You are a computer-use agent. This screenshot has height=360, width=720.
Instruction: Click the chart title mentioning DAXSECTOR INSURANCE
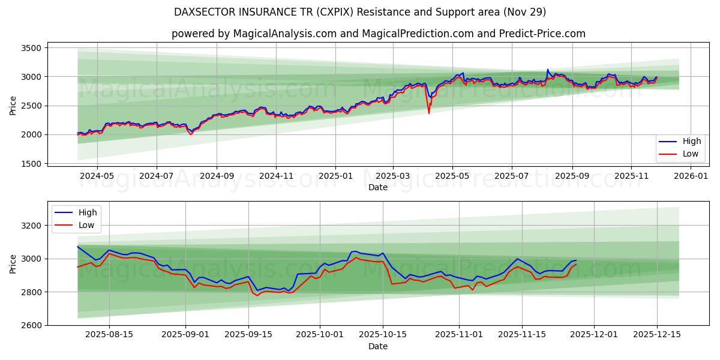[360, 12]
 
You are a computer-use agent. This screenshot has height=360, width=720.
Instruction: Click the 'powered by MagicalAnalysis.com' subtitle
[378, 34]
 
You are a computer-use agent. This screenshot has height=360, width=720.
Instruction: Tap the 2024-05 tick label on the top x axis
[97, 176]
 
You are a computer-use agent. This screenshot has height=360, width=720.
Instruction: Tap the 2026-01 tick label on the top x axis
[691, 176]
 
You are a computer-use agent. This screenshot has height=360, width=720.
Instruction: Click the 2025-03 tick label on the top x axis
[393, 176]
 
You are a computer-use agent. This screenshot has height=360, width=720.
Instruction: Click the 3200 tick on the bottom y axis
[30, 226]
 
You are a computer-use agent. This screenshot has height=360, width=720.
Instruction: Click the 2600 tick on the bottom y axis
[30, 325]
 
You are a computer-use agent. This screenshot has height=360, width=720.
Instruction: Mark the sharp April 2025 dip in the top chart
[428, 112]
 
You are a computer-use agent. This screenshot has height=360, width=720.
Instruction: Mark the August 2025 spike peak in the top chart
[547, 70]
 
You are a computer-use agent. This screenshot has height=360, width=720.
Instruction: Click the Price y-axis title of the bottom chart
[13, 263]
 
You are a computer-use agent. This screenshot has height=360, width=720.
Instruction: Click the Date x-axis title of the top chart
[378, 187]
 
